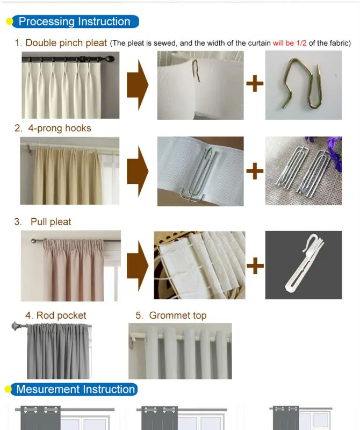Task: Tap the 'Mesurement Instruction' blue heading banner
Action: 74,389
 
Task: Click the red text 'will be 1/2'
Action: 290,43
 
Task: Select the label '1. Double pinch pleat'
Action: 61,43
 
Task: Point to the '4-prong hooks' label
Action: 60,128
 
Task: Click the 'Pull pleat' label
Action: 51,221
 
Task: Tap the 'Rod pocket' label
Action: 61,316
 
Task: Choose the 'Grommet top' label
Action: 178,316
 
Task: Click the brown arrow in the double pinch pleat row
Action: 138,85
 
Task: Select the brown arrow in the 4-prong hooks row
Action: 138,171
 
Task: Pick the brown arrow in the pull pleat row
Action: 138,266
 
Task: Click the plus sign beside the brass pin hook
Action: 255,83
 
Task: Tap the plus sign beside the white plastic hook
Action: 255,266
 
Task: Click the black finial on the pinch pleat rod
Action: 110,59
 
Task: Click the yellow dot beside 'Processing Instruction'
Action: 10,21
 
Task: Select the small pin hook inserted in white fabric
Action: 195,70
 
